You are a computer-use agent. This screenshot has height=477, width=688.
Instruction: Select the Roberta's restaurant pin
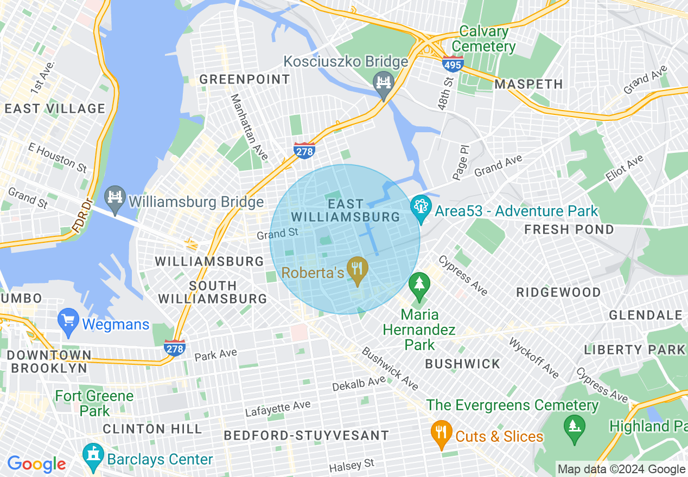pyautogui.click(x=357, y=269)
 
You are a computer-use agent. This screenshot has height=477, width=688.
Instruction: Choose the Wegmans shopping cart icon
pyautogui.click(x=69, y=320)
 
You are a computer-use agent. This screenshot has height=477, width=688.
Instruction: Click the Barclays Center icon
pyautogui.click(x=93, y=455)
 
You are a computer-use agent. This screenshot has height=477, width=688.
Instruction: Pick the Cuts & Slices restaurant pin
pyautogui.click(x=442, y=433)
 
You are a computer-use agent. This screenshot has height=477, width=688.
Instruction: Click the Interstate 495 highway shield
pyautogui.click(x=453, y=63)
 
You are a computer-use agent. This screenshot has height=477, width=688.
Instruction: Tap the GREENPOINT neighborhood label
pyautogui.click(x=245, y=80)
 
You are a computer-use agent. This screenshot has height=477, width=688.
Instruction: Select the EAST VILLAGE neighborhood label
pyautogui.click(x=55, y=109)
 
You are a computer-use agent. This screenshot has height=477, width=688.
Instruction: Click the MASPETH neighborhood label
pyautogui.click(x=528, y=85)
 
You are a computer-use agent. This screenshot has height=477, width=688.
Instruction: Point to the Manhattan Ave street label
pyautogui.click(x=249, y=127)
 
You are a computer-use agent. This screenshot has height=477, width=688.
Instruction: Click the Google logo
pyautogui.click(x=36, y=464)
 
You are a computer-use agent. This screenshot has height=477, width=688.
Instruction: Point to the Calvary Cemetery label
pyautogui.click(x=483, y=39)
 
